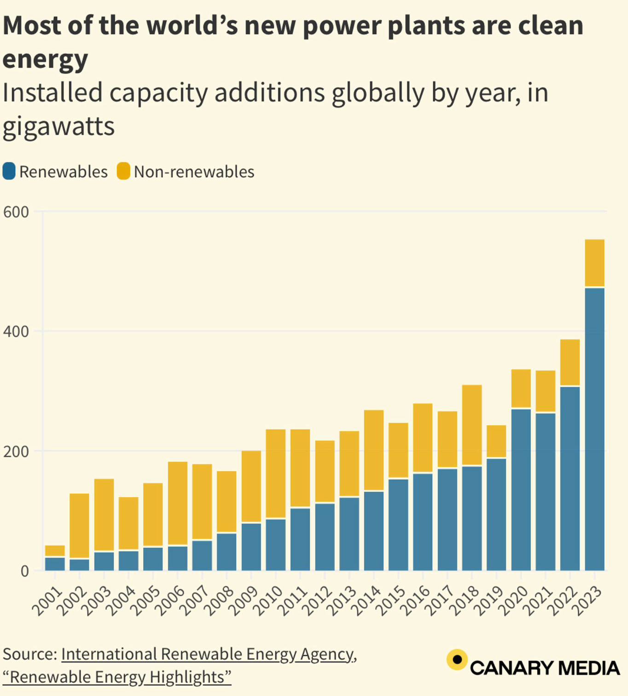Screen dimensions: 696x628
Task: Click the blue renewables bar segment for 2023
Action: (x=594, y=428)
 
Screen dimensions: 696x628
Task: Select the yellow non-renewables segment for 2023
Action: (x=594, y=263)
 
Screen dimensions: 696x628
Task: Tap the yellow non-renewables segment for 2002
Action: (x=79, y=526)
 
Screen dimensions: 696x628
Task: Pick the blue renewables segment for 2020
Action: (x=521, y=489)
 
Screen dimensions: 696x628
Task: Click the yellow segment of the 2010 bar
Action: (x=276, y=474)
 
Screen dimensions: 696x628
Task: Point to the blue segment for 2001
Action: (x=55, y=564)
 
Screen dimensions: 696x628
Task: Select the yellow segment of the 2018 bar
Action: (x=472, y=425)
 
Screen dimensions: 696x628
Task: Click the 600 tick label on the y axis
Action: (x=16, y=212)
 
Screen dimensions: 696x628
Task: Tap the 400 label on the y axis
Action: (x=16, y=331)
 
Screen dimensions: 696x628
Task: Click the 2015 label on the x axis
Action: (x=391, y=600)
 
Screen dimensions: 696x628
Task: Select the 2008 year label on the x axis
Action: (x=219, y=600)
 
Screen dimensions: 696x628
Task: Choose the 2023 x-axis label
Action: (x=587, y=600)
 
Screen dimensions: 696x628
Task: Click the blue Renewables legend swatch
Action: (x=9, y=171)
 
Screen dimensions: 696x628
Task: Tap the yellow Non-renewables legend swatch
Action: (x=123, y=171)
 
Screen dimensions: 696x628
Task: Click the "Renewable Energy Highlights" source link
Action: (x=117, y=677)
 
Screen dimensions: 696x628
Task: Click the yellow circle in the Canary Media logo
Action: (x=457, y=660)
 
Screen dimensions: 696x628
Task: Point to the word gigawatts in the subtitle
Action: (x=58, y=127)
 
